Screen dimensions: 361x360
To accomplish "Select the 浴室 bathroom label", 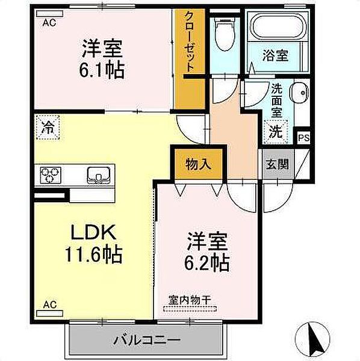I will point(276,56).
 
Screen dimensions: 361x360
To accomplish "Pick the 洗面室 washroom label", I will point(276,100).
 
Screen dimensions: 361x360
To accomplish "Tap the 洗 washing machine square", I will point(275,131).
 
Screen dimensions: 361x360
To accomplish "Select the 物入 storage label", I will point(193,162).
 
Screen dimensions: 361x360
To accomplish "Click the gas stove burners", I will point(51,175).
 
